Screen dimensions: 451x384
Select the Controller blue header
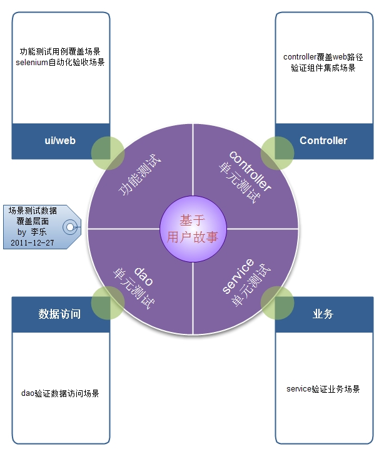pyautogui.click(x=323, y=141)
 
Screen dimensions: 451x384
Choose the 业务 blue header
pyautogui.click(x=323, y=314)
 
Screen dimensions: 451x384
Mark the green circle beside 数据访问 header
pyautogui.click(x=108, y=303)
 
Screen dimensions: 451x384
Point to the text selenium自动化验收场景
pyautogui.click(x=60, y=62)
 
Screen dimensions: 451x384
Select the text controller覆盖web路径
pyautogui.click(x=323, y=57)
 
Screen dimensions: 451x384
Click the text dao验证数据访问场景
pyautogui.click(x=60, y=393)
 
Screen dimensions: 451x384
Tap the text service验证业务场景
pyautogui.click(x=323, y=389)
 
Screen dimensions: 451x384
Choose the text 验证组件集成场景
pyautogui.click(x=323, y=68)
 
